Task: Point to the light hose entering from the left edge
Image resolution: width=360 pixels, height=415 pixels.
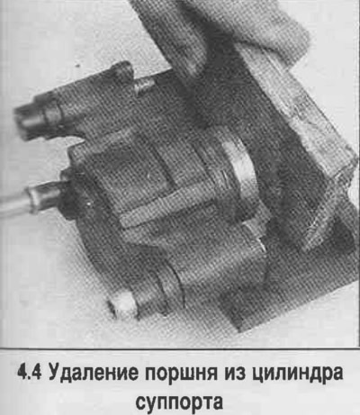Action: click(15, 204)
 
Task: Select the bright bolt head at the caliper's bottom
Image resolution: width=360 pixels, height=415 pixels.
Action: click(123, 306)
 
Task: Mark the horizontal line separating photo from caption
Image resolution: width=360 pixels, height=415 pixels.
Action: click(180, 349)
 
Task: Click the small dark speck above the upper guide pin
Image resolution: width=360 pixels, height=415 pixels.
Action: click(79, 65)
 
